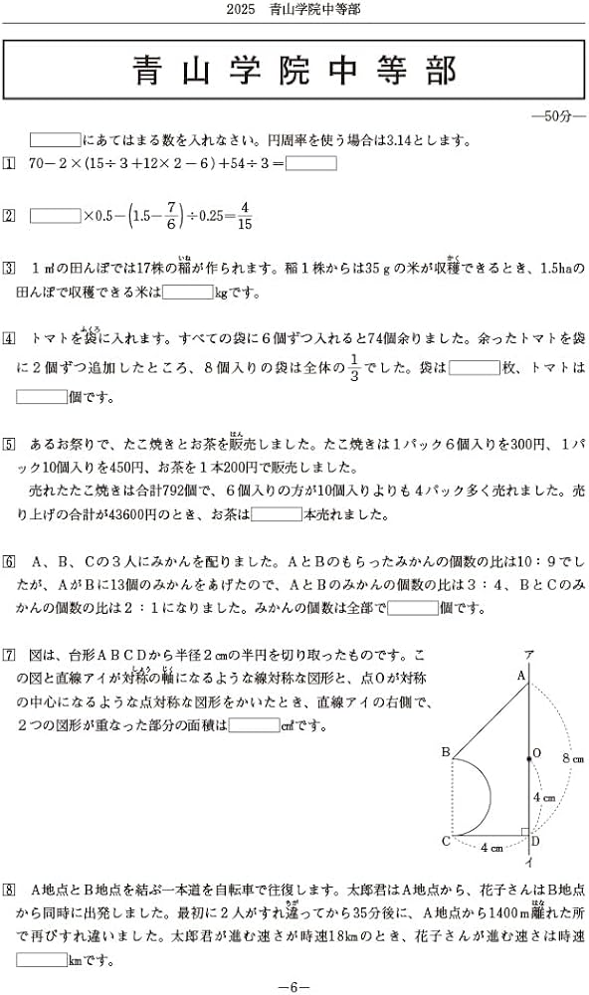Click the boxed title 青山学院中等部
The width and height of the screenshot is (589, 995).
(x=294, y=73)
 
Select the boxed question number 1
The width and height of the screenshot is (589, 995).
(x=10, y=163)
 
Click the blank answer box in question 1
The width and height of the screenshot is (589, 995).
(x=311, y=163)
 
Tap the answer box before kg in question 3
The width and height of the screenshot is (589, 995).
(x=187, y=292)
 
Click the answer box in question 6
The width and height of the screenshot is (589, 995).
(x=412, y=608)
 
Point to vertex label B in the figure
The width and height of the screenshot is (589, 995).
(x=445, y=752)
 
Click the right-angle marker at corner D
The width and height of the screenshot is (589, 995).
(x=523, y=831)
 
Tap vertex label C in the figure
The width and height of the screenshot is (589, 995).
(x=445, y=842)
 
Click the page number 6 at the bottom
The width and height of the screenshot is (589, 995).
(x=294, y=985)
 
